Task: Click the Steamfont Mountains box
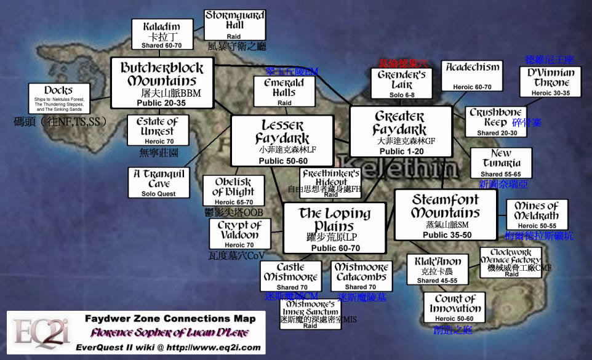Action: (x=445, y=214)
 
